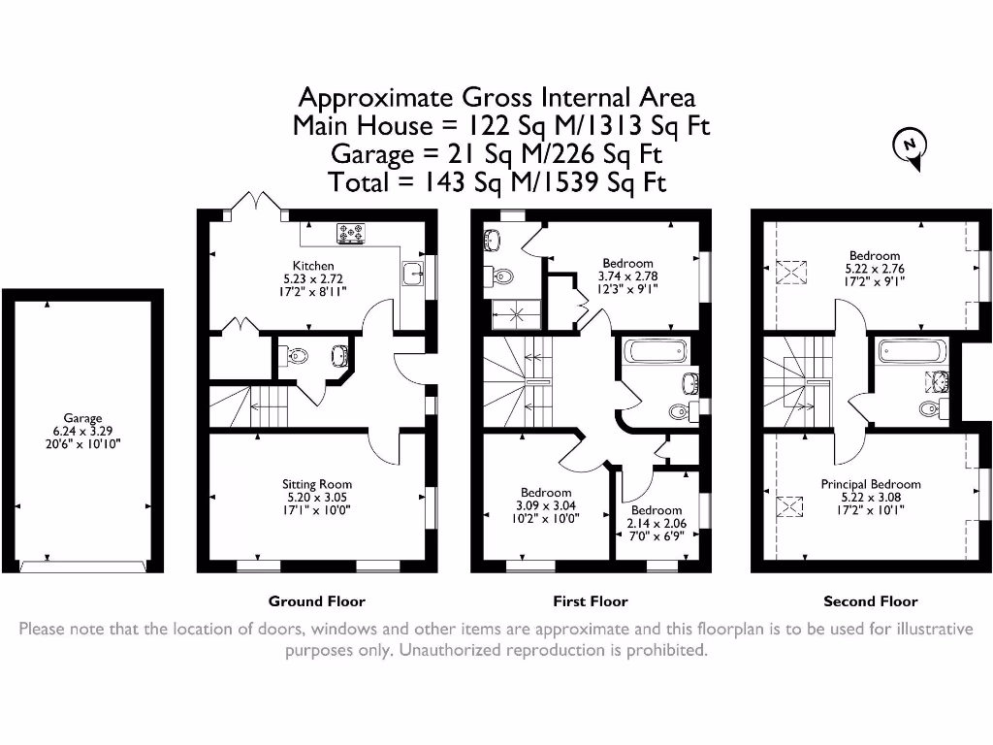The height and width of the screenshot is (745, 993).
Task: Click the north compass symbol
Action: point(910,146)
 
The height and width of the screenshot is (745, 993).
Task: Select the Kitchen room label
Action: point(313,265)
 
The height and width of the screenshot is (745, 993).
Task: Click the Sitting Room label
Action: point(317,484)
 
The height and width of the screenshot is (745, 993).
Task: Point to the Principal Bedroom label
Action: point(870,484)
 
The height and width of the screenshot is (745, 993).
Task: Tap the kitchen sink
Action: point(412,275)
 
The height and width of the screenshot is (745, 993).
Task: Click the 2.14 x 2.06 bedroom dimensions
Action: point(657,523)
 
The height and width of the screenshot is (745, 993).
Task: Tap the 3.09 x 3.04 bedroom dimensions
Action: point(546,505)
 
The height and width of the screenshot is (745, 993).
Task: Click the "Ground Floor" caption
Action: point(317,601)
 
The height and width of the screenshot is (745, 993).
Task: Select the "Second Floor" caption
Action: point(870,601)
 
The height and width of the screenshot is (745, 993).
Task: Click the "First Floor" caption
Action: point(591,601)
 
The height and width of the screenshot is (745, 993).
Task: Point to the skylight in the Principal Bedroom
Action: point(792,506)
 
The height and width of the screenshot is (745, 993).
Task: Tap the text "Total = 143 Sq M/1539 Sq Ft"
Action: point(497,182)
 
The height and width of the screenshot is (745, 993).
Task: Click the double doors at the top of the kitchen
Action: point(257,201)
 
